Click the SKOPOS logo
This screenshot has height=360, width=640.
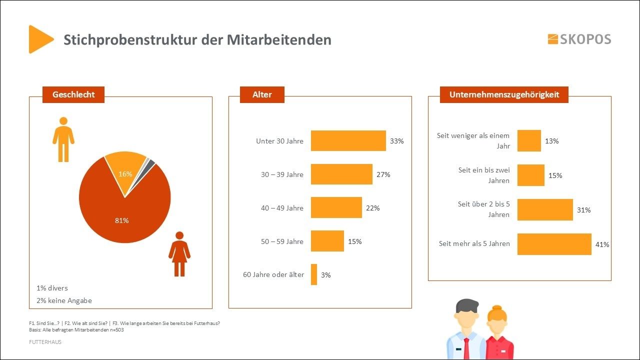579,39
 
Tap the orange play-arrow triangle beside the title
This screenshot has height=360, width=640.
39,39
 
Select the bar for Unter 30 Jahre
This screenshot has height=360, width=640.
348,141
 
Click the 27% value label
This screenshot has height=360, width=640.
383,174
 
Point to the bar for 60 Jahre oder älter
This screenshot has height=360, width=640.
314,274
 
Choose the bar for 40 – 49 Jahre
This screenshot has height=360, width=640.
336,207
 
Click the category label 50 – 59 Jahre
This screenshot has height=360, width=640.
282,241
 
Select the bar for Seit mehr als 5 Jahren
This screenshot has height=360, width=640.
554,244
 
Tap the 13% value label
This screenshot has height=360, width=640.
551,141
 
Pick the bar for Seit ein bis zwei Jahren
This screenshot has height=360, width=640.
530,175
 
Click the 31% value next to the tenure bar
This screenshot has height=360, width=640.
583,210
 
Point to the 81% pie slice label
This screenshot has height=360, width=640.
122,220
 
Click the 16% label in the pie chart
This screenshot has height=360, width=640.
125,174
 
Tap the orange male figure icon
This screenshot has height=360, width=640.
63,139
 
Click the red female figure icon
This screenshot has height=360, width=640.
179,254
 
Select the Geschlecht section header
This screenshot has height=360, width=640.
73,94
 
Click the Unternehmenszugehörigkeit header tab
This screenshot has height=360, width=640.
504,94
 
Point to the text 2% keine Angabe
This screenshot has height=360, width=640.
64,300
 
